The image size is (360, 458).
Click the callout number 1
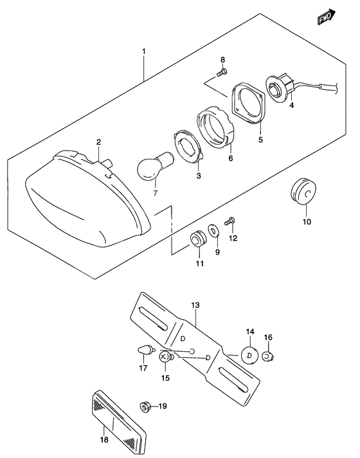(x=144, y=51)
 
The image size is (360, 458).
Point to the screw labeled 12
(x=231, y=221)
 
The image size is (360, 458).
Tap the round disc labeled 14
(x=249, y=354)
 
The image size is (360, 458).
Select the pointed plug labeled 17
(x=144, y=351)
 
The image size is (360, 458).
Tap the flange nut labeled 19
(x=145, y=406)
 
